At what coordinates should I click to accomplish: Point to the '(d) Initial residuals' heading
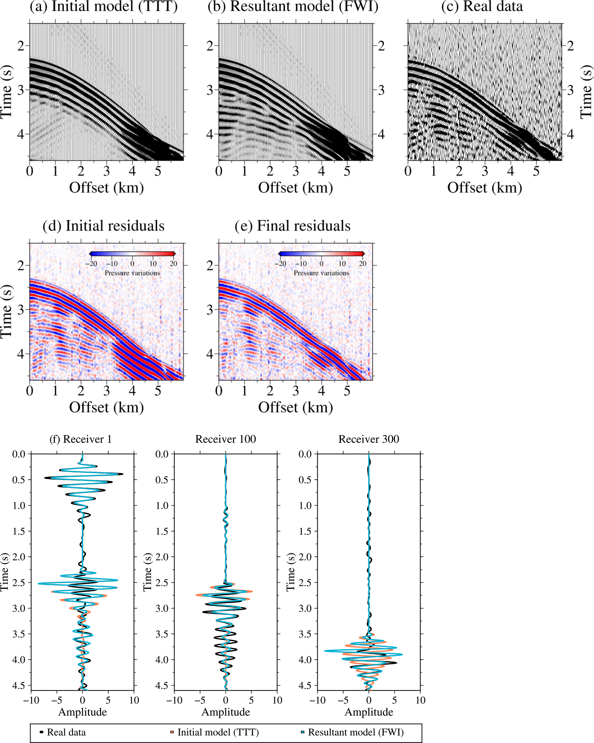[x=103, y=226]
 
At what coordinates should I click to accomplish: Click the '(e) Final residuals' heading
[x=293, y=226]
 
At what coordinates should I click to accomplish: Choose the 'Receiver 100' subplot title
[x=226, y=439]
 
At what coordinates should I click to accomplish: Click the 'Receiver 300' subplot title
[x=369, y=439]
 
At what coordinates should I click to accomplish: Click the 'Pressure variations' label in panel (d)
[x=132, y=273]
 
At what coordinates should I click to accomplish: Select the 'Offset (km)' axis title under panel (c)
[x=485, y=188]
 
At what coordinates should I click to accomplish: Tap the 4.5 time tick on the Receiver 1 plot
[x=19, y=686]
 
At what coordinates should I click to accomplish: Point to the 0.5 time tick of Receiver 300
[x=305, y=480]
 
